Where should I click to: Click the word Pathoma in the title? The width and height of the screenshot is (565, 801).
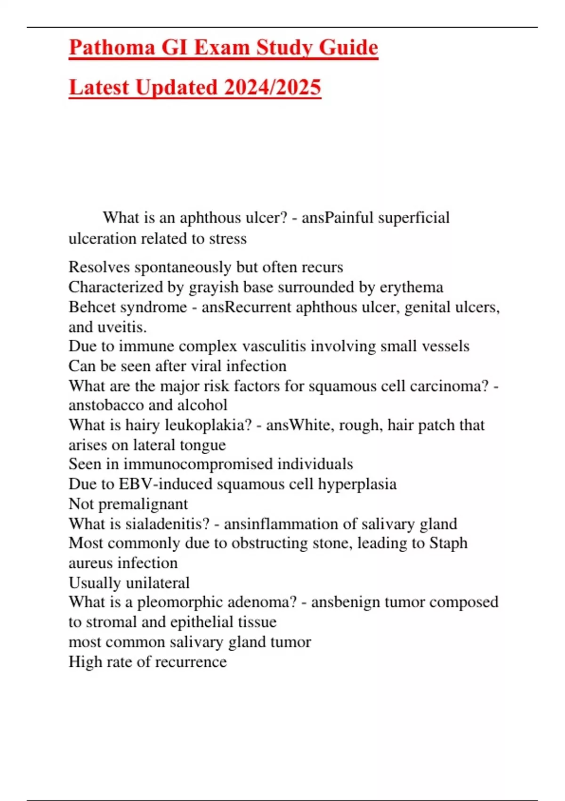(x=112, y=48)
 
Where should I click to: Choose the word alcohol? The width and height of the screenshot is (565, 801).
(x=202, y=405)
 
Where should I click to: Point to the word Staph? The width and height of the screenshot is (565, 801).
(x=448, y=543)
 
